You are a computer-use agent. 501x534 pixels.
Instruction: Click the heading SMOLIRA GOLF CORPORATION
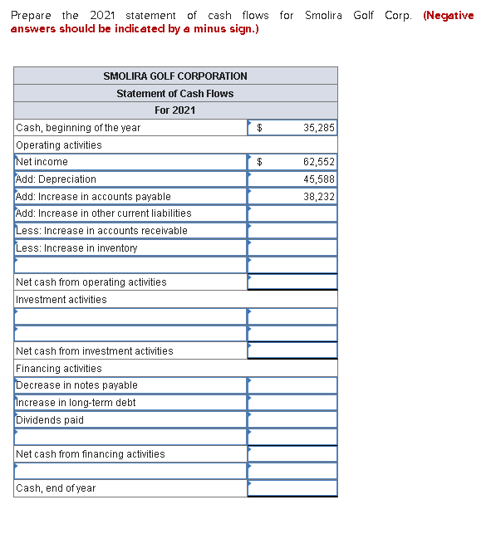175,76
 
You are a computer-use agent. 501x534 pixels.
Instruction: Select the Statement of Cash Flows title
175,93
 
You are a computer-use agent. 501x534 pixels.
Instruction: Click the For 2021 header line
175,110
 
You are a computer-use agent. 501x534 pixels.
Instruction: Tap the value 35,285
319,128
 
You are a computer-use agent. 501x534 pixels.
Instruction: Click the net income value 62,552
319,162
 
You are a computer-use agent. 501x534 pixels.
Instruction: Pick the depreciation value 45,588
319,179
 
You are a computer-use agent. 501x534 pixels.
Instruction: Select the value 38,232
319,197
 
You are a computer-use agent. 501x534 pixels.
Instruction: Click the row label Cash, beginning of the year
78,128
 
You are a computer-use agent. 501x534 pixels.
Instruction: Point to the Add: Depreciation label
56,179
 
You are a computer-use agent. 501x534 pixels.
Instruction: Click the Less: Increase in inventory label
76,248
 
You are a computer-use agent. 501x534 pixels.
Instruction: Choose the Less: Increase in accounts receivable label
101,231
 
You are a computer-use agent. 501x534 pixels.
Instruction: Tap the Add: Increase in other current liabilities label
104,213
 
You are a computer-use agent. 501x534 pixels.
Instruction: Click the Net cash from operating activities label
91,282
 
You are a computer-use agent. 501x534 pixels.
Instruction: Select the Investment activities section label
61,300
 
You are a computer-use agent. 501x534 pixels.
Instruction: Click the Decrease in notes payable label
77,385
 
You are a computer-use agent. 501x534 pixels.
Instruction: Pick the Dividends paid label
50,420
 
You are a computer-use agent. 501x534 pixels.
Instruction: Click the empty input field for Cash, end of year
292,488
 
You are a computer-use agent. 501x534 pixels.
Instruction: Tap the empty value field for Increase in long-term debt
292,403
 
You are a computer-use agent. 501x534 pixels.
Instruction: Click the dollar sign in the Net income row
259,162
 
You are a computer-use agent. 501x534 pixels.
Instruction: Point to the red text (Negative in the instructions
448,16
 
